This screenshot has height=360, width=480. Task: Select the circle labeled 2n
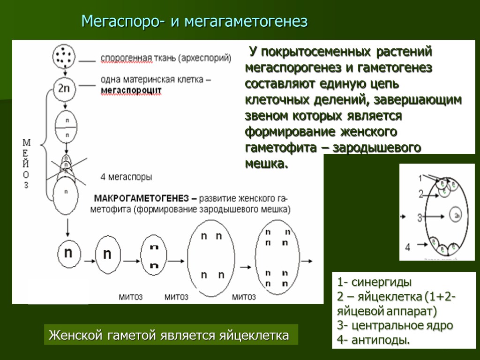pos(63,88)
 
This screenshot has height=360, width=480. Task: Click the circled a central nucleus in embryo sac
pos(456,215)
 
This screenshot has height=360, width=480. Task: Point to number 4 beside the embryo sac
pos(407,247)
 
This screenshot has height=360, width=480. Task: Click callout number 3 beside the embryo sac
pos(420,217)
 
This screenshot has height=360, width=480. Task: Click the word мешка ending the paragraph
pos(265,165)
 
